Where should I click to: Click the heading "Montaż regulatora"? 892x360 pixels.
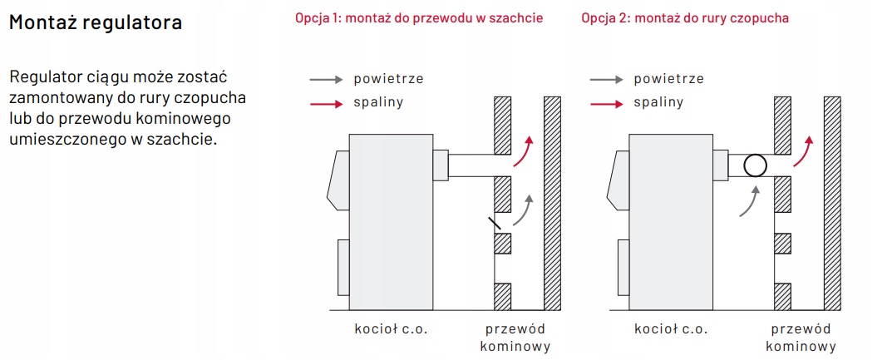(x=95, y=22)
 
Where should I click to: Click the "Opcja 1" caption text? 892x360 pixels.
(x=419, y=17)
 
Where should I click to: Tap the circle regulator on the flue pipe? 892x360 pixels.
(x=755, y=165)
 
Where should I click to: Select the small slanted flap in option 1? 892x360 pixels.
(x=495, y=223)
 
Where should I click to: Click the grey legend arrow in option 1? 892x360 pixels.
(x=326, y=80)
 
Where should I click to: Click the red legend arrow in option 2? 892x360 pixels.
(x=606, y=103)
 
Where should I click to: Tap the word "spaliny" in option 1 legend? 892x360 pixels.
(x=378, y=103)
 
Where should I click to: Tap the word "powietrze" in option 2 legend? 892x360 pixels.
(x=668, y=80)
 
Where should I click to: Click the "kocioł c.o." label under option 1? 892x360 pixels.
(x=391, y=328)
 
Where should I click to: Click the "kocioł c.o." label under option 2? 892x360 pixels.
(x=671, y=328)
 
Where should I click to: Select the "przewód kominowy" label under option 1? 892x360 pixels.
(x=515, y=337)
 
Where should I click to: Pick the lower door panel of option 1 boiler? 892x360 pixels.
(x=343, y=266)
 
